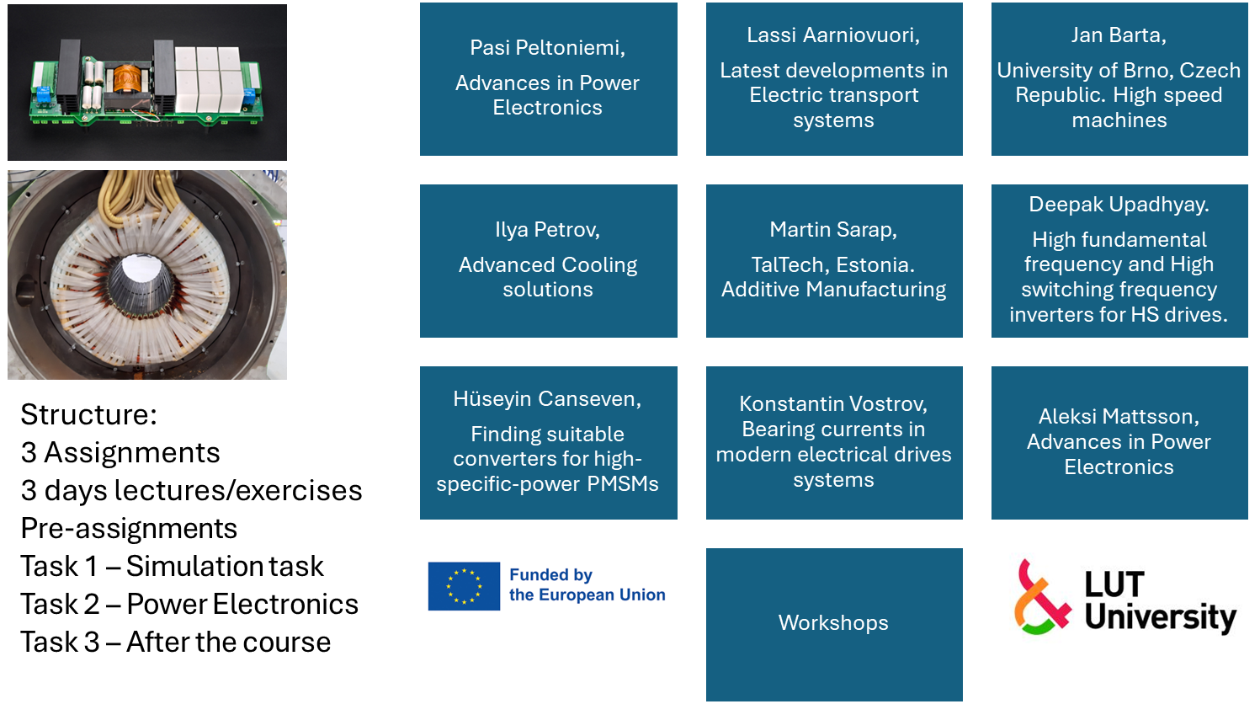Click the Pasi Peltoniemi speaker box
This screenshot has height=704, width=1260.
[549, 79]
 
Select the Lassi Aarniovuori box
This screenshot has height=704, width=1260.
[834, 79]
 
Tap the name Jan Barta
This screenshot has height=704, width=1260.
[1119, 35]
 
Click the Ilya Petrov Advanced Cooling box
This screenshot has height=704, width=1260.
[549, 261]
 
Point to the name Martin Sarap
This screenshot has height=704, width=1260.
[833, 230]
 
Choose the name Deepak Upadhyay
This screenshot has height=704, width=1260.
[1119, 205]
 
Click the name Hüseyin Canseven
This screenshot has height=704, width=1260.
[547, 399]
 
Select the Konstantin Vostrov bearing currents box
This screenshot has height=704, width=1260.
[834, 443]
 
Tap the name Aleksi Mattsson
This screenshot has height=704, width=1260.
[1119, 417]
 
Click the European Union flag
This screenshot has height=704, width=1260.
[464, 586]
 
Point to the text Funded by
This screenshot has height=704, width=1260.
[550, 574]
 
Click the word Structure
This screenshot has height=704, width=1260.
[88, 415]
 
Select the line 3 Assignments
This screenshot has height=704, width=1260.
[120, 452]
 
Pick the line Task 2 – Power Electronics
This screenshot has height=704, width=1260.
[189, 605]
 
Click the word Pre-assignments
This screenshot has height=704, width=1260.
[129, 529]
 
